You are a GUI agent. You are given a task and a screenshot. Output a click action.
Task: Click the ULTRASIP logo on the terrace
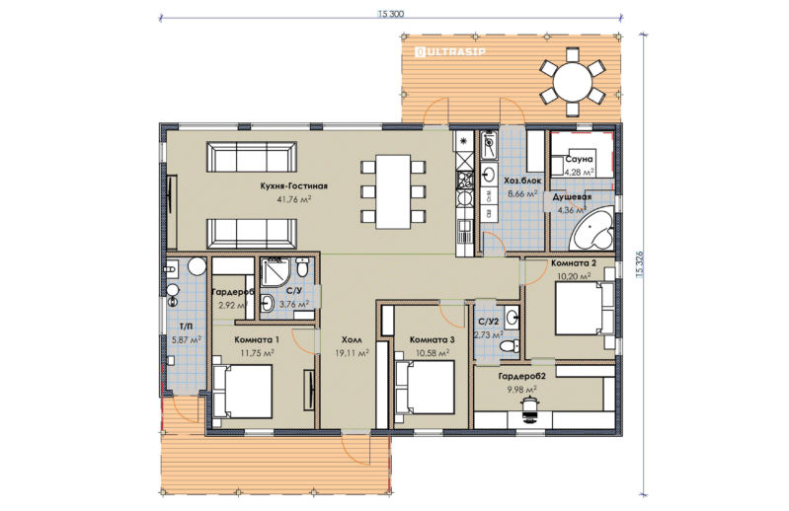[x=450, y=51]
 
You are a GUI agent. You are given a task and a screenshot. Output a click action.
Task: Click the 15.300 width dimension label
[x=390, y=14]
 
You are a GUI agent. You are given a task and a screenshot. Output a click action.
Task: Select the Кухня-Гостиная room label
[x=294, y=185]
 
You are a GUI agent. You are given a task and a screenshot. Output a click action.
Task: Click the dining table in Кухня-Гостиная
[x=393, y=191]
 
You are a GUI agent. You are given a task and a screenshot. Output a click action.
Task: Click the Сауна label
[x=580, y=159]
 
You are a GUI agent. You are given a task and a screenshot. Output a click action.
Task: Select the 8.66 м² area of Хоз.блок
[x=522, y=192]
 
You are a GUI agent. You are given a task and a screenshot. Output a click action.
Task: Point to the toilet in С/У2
[x=510, y=346]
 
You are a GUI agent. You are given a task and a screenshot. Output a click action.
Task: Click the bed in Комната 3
[x=425, y=388]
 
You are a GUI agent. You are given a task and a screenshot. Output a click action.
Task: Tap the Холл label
[x=352, y=340]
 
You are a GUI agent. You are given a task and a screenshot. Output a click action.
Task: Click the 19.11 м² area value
[x=352, y=353]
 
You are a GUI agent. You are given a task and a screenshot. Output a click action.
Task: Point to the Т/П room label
[x=187, y=328]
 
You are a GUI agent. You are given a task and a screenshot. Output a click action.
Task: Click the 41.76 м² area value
[x=294, y=199]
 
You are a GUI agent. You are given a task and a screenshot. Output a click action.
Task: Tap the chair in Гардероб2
[x=529, y=407]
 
